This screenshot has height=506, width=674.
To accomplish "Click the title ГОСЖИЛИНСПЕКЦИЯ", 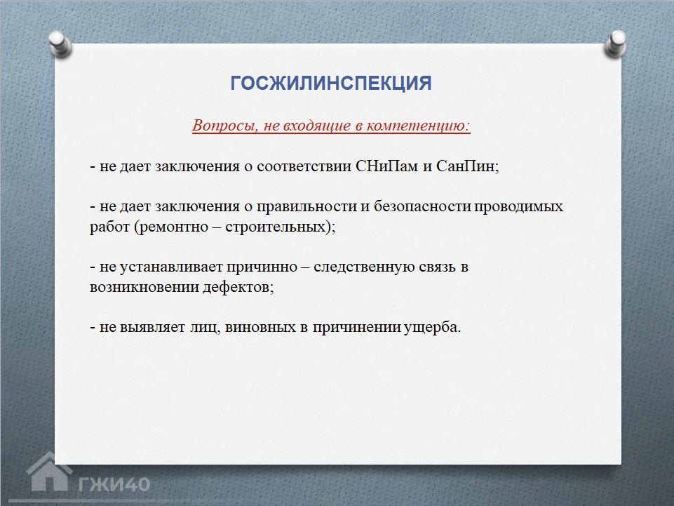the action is tap(331, 83).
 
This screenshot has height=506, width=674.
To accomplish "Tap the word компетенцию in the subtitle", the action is tap(418, 125).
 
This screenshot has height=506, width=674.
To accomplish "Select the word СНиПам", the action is tap(387, 166).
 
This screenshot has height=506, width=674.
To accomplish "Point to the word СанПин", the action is tap(466, 166).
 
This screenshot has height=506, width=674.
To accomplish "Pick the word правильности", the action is tap(306, 207).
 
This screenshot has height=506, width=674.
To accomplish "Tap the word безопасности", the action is tap(422, 206).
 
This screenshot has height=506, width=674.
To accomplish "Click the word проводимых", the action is tap(518, 207).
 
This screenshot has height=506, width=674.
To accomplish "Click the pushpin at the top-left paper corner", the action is tap(60, 44).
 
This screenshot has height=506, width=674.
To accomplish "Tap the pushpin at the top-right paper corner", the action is tap(616, 44).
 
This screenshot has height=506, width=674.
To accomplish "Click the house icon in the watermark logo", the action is tap(49, 472).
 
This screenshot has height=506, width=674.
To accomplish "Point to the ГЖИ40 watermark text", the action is tap(114, 484).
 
